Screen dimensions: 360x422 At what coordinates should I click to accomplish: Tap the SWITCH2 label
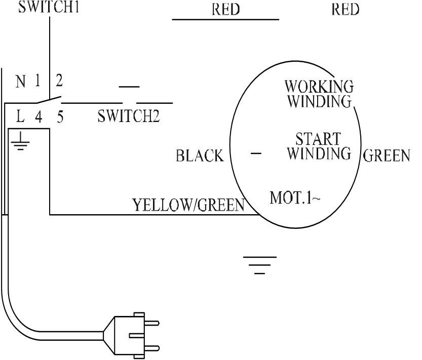click(x=129, y=117)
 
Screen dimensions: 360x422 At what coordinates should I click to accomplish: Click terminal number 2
click(x=59, y=81)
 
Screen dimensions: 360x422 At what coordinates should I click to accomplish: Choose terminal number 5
click(x=60, y=118)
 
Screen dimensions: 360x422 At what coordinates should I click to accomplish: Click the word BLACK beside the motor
click(x=200, y=156)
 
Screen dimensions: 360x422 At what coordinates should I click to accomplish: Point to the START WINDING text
click(x=318, y=145)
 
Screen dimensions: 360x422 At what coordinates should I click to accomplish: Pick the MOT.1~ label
click(x=295, y=197)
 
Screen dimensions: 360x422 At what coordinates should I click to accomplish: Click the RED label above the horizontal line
click(x=226, y=10)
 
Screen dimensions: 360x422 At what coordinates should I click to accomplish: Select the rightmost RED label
click(x=346, y=10)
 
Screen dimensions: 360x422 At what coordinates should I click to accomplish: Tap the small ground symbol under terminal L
click(x=21, y=144)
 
